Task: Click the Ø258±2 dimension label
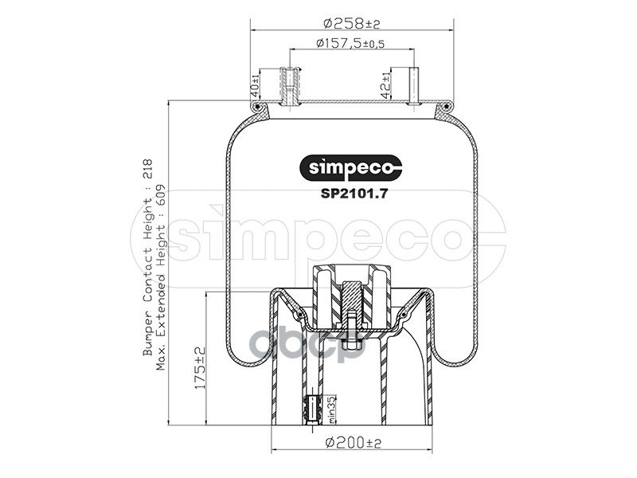coord(351,24)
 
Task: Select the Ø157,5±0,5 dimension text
coord(350,43)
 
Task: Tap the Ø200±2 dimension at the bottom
coord(354,442)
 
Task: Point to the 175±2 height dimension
coord(201,368)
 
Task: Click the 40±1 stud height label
coord(255,85)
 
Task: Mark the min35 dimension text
coord(332,409)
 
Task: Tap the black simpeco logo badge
coord(350,167)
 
